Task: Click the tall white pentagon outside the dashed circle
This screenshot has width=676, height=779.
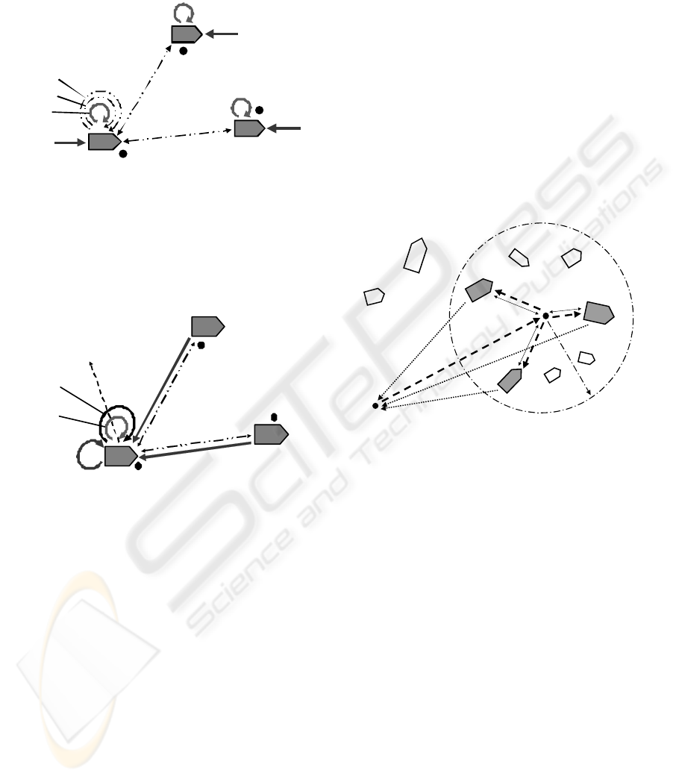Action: point(416,255)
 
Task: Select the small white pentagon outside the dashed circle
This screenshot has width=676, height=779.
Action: point(374,296)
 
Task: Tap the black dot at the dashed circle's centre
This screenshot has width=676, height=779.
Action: point(545,316)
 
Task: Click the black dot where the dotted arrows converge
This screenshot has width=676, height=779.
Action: point(375,406)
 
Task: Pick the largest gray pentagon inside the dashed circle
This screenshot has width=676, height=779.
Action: point(598,313)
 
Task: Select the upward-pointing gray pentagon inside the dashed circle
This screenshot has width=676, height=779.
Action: point(510,381)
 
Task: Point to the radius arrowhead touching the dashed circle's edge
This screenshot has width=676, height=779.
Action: point(589,392)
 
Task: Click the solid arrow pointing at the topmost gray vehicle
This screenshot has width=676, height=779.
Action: point(222,34)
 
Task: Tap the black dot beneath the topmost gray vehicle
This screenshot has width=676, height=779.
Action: point(184,51)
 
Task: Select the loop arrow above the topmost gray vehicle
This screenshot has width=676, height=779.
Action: point(184,13)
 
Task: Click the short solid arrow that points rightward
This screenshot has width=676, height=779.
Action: point(70,143)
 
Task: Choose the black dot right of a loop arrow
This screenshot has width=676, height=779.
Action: point(259,110)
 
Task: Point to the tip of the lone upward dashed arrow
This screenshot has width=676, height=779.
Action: point(90,362)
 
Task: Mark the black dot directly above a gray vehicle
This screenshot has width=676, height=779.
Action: point(274,417)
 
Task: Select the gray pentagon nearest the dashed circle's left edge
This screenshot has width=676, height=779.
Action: point(479,290)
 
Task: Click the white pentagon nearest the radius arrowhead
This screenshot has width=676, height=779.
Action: point(586,357)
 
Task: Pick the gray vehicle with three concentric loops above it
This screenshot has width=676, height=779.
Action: point(104,142)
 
